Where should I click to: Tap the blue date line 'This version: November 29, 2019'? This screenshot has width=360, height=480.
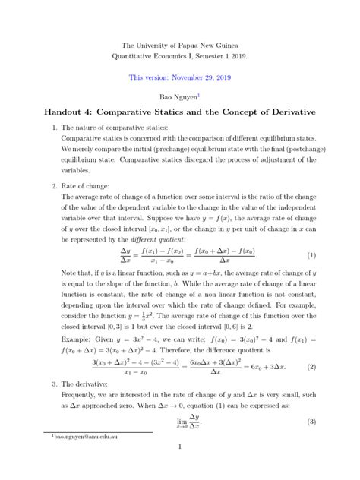[179, 77]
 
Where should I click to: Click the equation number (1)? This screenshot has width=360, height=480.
[311, 254]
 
